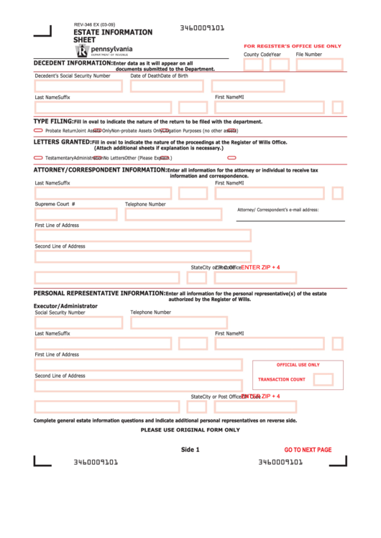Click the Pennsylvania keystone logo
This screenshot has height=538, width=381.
click(83, 51)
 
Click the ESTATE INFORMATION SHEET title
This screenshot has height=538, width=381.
click(113, 36)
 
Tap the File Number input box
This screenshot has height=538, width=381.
click(319, 65)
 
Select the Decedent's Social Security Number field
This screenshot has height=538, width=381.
click(78, 86)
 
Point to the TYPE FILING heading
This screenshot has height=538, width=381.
click(53, 121)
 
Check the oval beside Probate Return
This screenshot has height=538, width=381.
click(38, 131)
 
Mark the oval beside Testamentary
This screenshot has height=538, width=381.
click(38, 157)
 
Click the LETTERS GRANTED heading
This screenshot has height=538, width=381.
click(62, 142)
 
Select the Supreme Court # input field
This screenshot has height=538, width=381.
click(77, 214)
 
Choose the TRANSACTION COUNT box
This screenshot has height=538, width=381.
click(323, 379)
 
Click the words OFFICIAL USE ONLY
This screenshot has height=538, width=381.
click(298, 365)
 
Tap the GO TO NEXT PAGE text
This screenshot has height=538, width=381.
click(308, 450)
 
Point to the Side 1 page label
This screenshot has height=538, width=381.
click(190, 450)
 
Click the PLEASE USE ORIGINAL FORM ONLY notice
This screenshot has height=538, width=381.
click(190, 430)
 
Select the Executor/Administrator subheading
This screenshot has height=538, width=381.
click(65, 305)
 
